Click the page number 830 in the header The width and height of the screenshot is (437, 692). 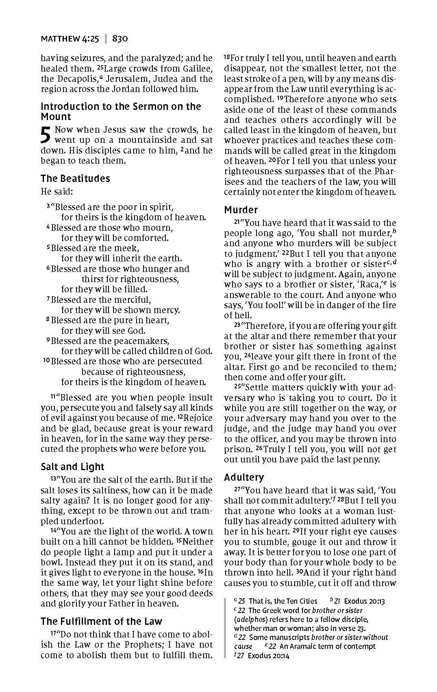pyautogui.click(x=120, y=39)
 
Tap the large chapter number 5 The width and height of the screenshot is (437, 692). pyautogui.click(x=46, y=135)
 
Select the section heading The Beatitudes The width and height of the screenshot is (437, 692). pyautogui.click(x=75, y=179)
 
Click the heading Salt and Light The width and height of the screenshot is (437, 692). pyautogui.click(x=72, y=467)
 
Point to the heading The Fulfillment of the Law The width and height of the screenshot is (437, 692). pyautogui.click(x=101, y=621)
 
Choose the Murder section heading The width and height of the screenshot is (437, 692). pyautogui.click(x=241, y=210)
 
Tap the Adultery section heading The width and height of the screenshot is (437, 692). pyautogui.click(x=244, y=477)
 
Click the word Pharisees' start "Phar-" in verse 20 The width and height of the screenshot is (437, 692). pyautogui.click(x=386, y=171)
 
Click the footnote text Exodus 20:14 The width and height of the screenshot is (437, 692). pyautogui.click(x=268, y=656)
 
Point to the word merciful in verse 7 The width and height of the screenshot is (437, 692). pyautogui.click(x=130, y=300)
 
